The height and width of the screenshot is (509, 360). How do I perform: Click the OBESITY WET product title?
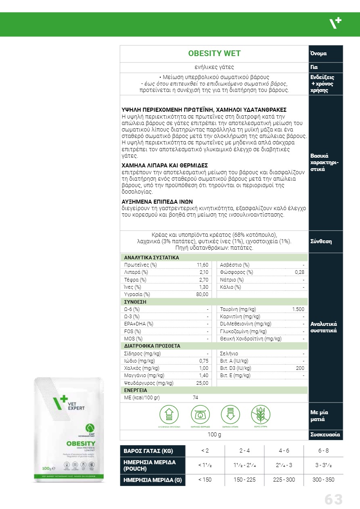214,54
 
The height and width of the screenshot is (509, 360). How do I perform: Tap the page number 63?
333,499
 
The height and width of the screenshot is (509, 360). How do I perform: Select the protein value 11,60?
203,265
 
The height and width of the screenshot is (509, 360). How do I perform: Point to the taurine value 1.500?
298,309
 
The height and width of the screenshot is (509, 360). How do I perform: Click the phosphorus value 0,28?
299,272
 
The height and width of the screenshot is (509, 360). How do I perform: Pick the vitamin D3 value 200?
300,368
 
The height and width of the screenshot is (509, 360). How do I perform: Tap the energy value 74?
196,397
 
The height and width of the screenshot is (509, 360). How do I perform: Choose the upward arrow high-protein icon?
169,414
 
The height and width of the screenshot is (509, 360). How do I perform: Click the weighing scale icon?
200,414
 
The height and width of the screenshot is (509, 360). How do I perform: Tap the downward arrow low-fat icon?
230,414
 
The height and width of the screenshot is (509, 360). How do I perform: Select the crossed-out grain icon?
260,414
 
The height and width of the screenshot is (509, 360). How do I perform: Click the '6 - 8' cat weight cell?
323,451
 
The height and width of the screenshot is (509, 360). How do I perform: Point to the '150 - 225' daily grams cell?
245,480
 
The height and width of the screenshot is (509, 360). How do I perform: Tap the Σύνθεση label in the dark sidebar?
321,241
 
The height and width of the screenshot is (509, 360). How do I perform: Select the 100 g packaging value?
214,435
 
